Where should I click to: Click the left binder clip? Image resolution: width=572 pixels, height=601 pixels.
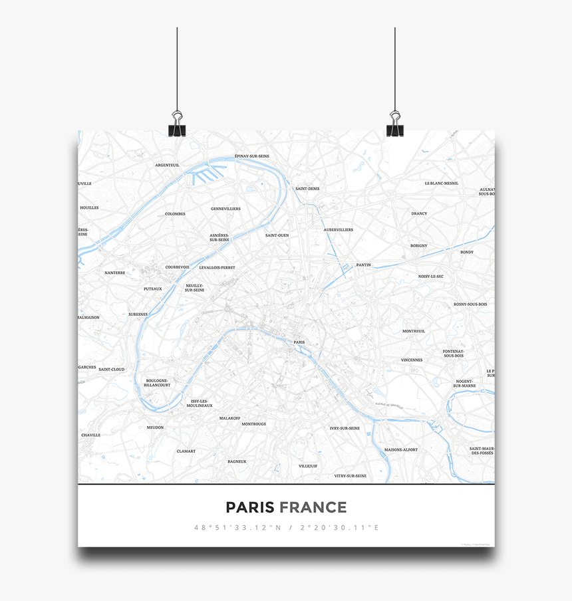click(177, 125)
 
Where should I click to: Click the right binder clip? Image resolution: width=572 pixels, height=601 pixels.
click(395, 125)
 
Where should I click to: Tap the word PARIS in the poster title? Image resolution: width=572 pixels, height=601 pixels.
click(250, 508)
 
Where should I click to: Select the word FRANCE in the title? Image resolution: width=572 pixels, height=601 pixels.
click(313, 508)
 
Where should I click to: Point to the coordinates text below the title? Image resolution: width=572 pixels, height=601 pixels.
click(286, 528)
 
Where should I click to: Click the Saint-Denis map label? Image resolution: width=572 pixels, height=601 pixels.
click(307, 188)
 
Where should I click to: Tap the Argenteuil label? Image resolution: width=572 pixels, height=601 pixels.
click(167, 165)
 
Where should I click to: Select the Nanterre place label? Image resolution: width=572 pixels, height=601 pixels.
click(114, 273)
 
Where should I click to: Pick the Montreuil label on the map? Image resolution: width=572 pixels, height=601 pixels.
click(413, 331)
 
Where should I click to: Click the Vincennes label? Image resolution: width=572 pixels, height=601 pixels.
click(411, 360)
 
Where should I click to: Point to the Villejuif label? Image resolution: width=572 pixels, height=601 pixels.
click(308, 466)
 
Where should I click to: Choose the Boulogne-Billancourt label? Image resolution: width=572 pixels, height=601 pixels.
click(158, 383)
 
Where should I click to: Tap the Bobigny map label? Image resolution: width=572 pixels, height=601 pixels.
click(418, 245)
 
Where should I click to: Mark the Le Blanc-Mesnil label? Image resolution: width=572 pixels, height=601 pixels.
click(442, 183)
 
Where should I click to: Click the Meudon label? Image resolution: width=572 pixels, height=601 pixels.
click(155, 427)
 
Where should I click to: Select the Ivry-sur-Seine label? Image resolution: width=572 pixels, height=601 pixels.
click(345, 428)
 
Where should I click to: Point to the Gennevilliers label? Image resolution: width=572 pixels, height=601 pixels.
click(225, 209)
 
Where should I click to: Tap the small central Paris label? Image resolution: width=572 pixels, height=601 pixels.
click(299, 342)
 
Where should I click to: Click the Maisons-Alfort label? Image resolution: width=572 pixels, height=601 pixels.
click(401, 449)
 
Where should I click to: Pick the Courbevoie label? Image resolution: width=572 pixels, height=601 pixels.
click(178, 267)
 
